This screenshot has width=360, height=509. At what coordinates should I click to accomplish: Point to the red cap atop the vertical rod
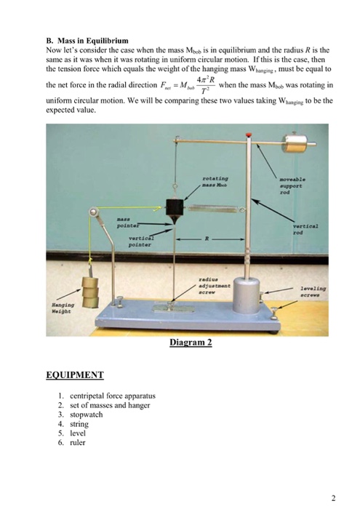point(249,135)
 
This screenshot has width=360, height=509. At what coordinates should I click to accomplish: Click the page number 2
point(332,498)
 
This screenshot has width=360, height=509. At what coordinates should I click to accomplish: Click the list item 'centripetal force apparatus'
point(113,396)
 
